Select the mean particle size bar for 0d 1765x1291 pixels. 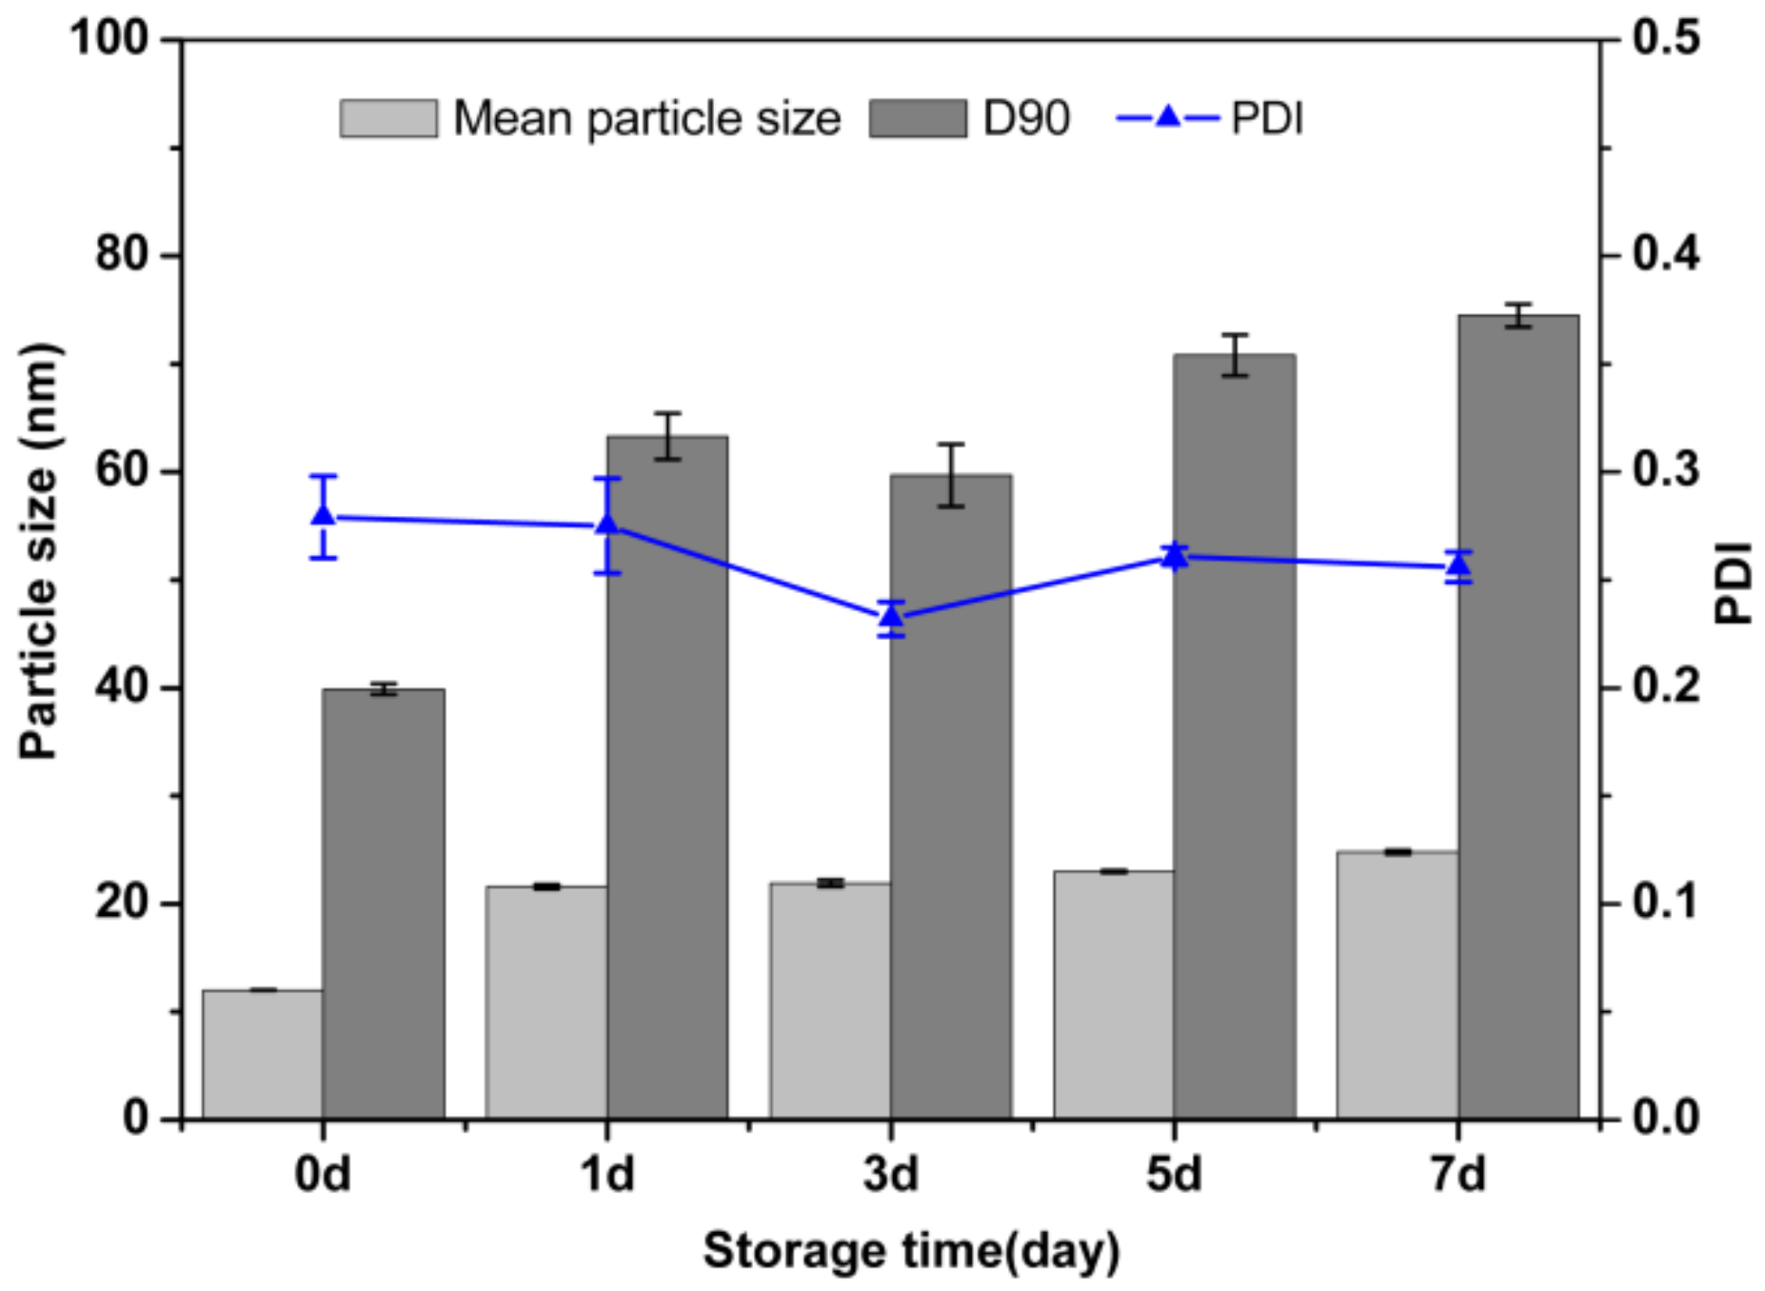click(x=262, y=1054)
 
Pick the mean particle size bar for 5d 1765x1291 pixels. click(x=1113, y=994)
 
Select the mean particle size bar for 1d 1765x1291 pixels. click(x=545, y=1002)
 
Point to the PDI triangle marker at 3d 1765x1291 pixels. click(x=890, y=617)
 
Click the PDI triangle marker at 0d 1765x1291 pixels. click(x=324, y=515)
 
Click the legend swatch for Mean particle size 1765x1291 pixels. click(x=388, y=119)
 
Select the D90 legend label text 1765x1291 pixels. click(x=1025, y=119)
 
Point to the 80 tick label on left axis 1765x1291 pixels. click(x=123, y=254)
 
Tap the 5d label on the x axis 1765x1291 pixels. click(x=1173, y=1175)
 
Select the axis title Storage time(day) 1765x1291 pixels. click(x=911, y=1251)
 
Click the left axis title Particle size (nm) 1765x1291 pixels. click(x=40, y=550)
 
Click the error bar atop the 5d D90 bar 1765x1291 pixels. click(x=1234, y=354)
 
